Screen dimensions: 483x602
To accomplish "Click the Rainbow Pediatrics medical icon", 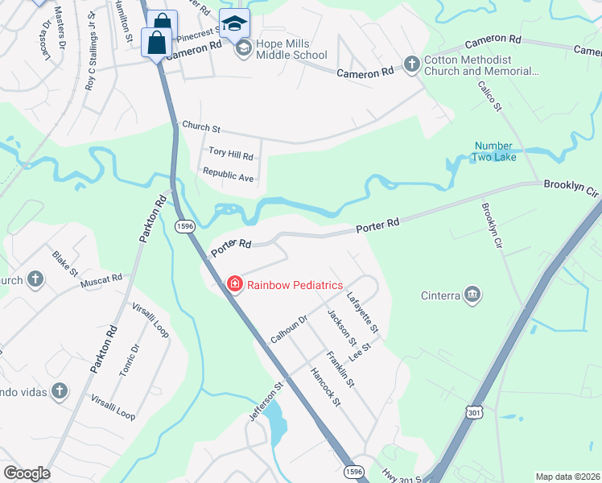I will (234, 284).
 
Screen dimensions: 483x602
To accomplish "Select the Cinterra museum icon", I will (472, 295).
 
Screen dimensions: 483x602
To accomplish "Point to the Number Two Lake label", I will (494, 151).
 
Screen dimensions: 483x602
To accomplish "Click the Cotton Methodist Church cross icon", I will (411, 64).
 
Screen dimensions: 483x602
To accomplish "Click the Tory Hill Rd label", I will (231, 152).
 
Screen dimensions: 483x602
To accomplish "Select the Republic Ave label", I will (228, 173).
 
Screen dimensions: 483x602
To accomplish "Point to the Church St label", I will (201, 126).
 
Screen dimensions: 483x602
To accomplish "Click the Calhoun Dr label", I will (289, 329).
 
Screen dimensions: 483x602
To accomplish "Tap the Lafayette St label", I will (362, 312).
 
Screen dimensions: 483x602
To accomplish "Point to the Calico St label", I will (489, 96).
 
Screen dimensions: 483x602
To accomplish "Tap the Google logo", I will (27, 473).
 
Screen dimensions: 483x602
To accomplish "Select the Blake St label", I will (65, 262).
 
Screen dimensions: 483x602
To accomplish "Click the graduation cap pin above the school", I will (234, 23).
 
